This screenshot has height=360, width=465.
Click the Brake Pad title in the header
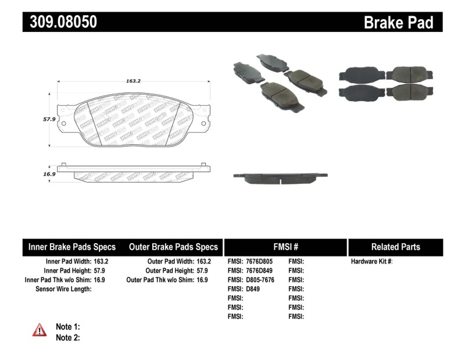[x=398, y=22]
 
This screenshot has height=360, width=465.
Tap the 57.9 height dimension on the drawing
[x=48, y=118]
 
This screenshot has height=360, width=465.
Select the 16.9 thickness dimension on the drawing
[x=48, y=173]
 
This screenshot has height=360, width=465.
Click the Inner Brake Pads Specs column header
[x=72, y=247]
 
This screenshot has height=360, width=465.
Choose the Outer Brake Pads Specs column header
[x=173, y=247]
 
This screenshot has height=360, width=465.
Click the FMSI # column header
[x=285, y=247]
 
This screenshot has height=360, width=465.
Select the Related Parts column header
[x=395, y=247]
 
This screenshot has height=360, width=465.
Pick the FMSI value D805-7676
[x=259, y=280]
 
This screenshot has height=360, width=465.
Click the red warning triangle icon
[x=40, y=330]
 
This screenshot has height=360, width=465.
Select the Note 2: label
[x=67, y=337]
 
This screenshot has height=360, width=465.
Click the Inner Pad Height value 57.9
[x=101, y=271]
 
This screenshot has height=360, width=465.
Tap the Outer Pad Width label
[x=171, y=262]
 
